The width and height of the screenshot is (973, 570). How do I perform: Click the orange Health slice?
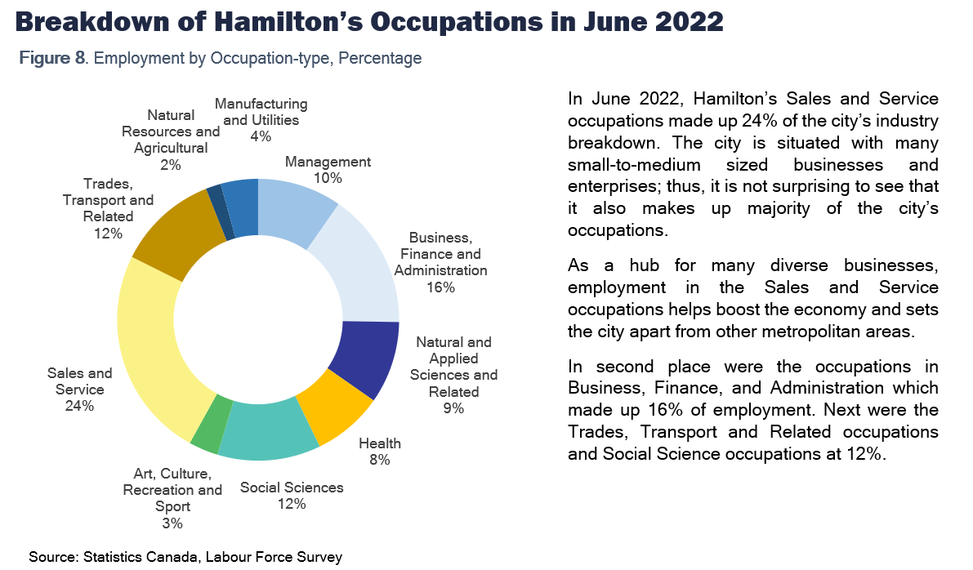(327, 412)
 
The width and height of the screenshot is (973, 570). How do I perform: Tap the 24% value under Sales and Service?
(79, 406)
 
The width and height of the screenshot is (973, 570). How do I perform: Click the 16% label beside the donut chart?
(440, 287)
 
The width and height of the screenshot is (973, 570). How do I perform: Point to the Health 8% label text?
(380, 452)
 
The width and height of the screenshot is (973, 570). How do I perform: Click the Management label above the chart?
(328, 162)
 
